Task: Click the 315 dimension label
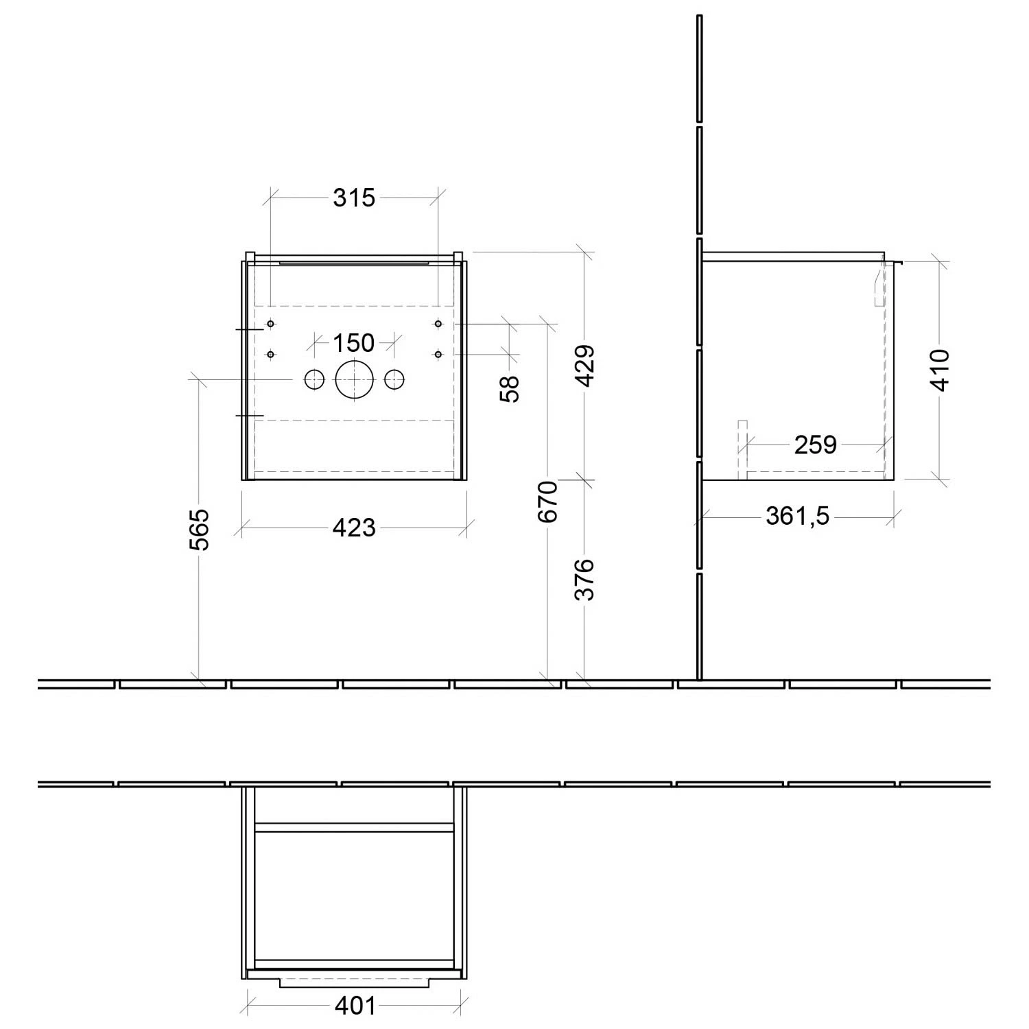tap(354, 198)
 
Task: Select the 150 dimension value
tap(354, 342)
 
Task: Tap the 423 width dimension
tap(354, 528)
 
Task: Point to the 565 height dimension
tap(198, 529)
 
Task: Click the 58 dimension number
tap(510, 388)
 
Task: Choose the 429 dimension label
tap(584, 366)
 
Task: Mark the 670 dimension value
tap(548, 502)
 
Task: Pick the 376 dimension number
tap(584, 580)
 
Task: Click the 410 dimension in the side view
tap(940, 370)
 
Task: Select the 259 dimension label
tap(816, 445)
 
